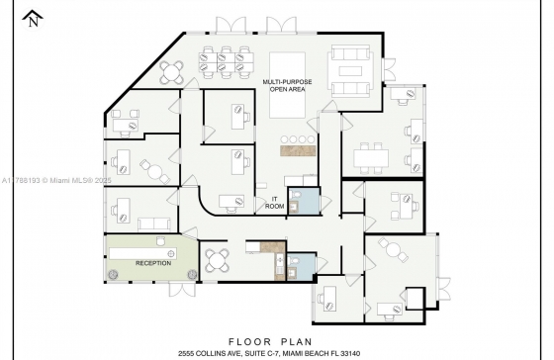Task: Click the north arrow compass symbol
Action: tap(33, 20)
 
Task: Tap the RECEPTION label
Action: tap(153, 263)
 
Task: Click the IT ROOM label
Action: tap(275, 203)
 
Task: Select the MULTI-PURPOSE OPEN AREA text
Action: tap(287, 85)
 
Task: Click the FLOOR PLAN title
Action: tap(271, 341)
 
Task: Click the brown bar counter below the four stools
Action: tap(298, 150)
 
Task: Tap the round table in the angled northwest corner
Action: tap(172, 72)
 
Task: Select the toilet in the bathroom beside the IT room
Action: tap(296, 194)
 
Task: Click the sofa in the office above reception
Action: tap(154, 224)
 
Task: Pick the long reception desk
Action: tap(142, 253)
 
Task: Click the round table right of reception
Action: tap(218, 260)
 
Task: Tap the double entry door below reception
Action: tap(182, 290)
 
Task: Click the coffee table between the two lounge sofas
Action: tap(350, 71)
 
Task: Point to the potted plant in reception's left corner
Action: tap(113, 274)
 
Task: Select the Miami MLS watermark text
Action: tap(56, 181)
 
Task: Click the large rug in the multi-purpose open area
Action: tap(287, 85)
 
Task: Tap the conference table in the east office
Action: tap(371, 157)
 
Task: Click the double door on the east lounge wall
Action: tap(390, 69)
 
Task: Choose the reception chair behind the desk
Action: tap(160, 241)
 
